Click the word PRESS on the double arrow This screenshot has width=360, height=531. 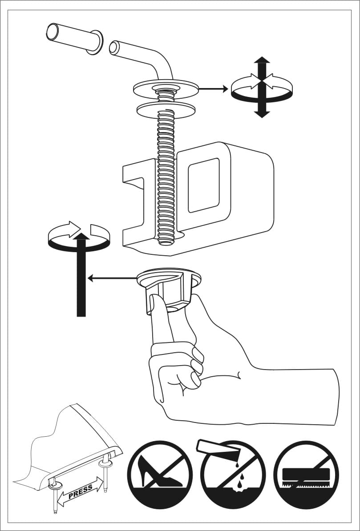[81, 492]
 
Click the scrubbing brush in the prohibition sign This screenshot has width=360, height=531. [306, 475]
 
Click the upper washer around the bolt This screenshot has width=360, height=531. [166, 89]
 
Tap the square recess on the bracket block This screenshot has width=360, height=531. [203, 185]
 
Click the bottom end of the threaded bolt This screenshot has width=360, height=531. [166, 242]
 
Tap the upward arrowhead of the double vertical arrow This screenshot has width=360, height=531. [262, 60]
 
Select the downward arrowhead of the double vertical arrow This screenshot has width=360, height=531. [262, 114]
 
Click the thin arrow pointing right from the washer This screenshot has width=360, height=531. [213, 89]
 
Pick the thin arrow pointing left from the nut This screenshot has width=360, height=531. [112, 278]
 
